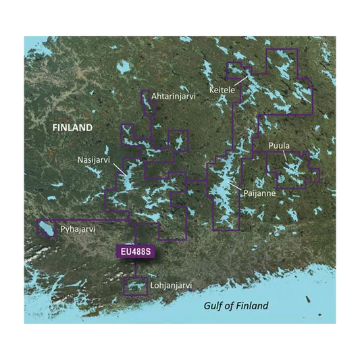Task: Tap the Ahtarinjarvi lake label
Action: [x=174, y=97]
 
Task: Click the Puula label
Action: [x=279, y=145]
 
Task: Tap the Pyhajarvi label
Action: [x=78, y=230]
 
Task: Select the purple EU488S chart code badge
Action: [x=136, y=252]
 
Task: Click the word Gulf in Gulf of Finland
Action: [x=214, y=306]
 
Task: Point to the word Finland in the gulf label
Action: [x=253, y=306]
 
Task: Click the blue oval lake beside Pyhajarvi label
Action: [x=47, y=228]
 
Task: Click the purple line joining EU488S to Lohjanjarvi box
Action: [x=136, y=268]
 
